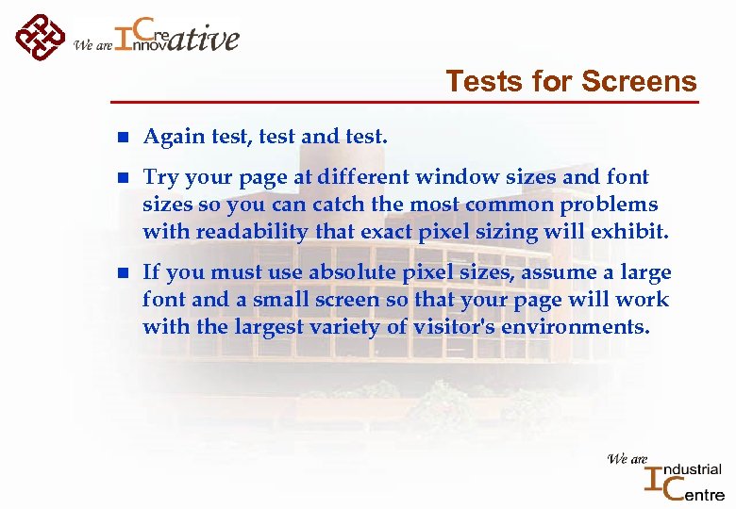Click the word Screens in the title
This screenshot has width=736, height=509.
639,82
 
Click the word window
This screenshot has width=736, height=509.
452,177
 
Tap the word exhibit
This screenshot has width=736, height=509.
633,231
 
